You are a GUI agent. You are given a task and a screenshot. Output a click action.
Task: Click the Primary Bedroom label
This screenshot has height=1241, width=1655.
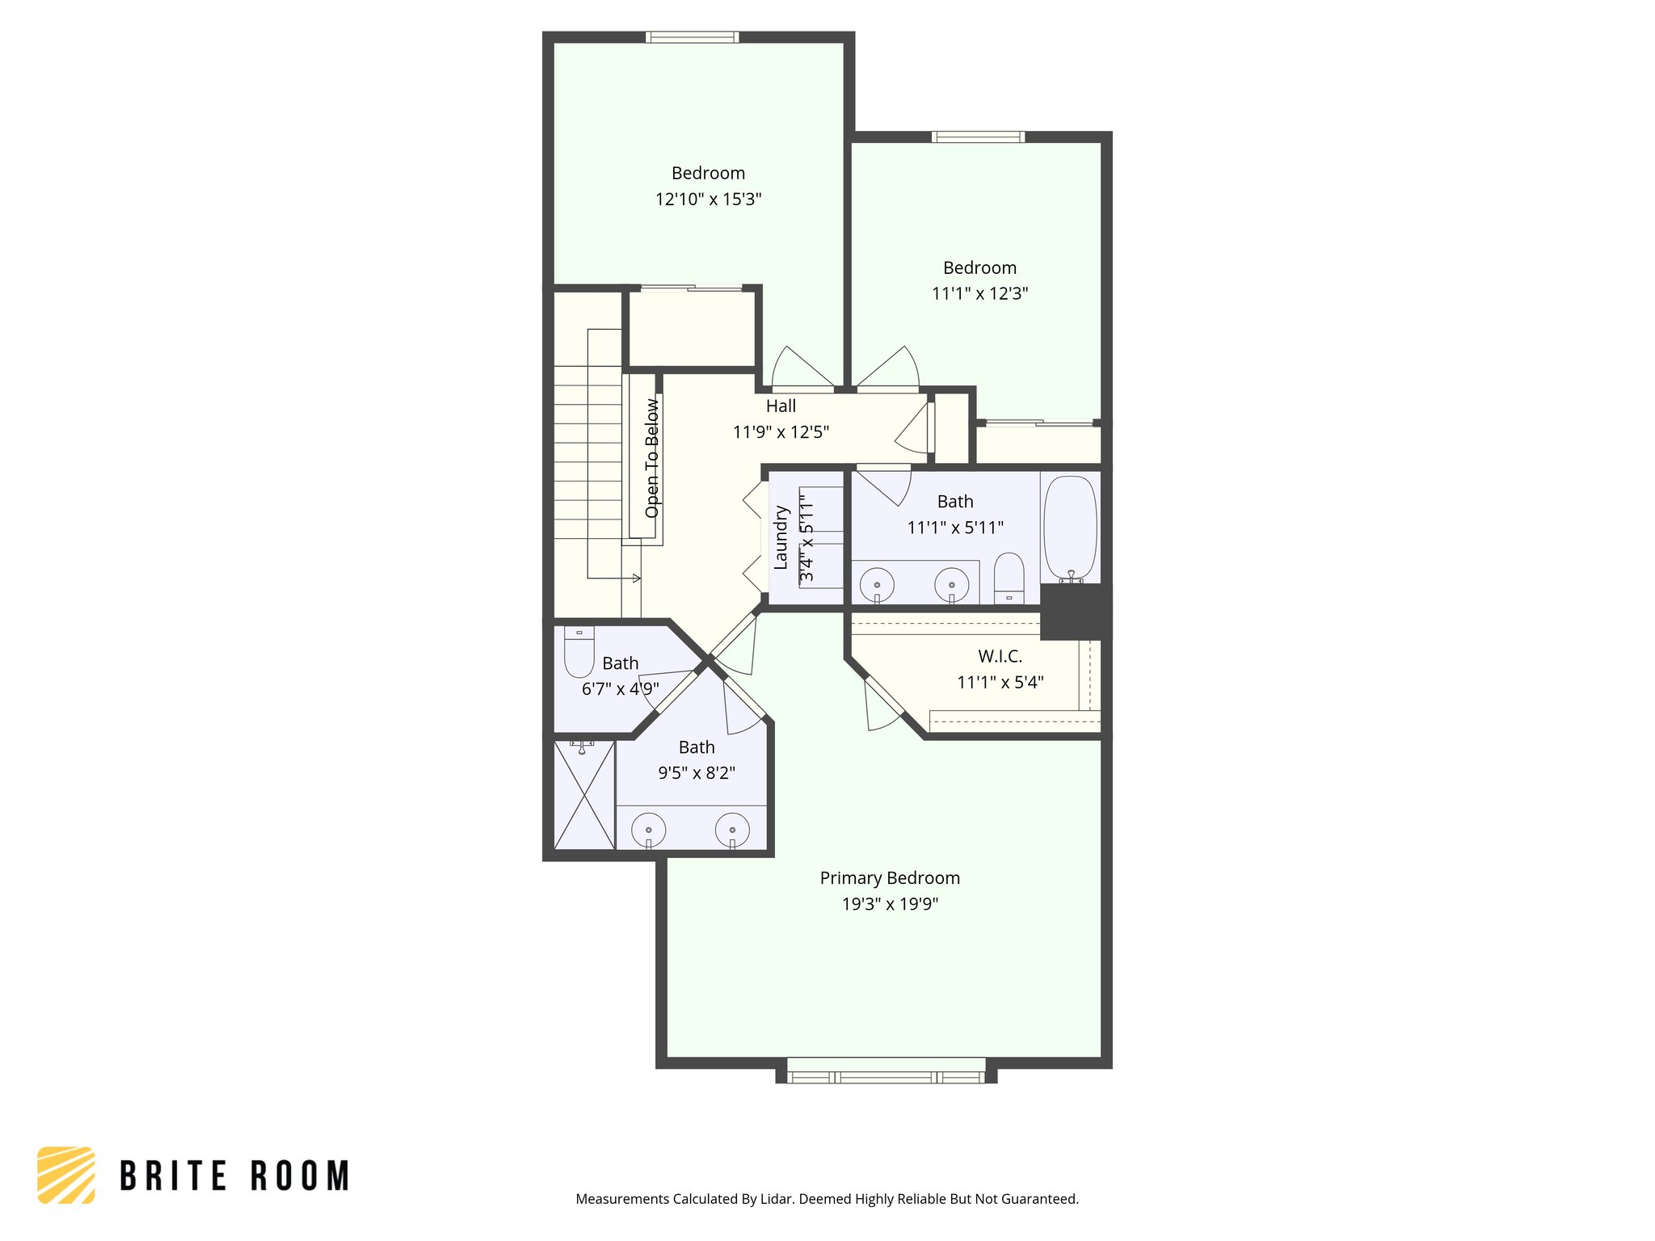(x=890, y=878)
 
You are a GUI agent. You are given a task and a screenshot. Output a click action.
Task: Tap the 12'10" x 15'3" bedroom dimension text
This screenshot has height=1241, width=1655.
(x=708, y=199)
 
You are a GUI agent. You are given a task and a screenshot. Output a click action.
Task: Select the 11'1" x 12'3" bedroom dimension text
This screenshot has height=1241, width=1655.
(x=979, y=293)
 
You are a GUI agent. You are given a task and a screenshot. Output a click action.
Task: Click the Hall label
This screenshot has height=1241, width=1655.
(x=781, y=406)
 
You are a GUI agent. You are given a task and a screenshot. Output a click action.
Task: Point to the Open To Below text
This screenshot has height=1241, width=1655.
(x=652, y=458)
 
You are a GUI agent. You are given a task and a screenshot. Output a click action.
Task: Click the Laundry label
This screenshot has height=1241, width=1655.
(x=781, y=537)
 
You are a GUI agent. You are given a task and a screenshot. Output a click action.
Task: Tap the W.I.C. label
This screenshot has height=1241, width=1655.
(x=1000, y=656)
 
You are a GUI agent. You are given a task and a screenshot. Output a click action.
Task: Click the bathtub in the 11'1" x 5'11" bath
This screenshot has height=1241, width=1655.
(x=1070, y=528)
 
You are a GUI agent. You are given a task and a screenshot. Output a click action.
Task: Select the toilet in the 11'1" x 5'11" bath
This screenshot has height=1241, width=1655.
(x=1009, y=578)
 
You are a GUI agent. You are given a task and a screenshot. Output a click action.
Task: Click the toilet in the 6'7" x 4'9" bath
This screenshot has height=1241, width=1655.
(x=579, y=652)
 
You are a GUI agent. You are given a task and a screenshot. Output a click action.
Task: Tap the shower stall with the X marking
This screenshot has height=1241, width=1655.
(x=584, y=795)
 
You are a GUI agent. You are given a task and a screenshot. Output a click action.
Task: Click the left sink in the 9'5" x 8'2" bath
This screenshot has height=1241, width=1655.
(x=648, y=830)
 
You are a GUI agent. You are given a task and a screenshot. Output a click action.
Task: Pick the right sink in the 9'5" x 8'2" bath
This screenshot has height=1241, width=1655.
(x=732, y=830)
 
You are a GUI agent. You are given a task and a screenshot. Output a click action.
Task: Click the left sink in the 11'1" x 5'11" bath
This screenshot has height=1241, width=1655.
(x=877, y=584)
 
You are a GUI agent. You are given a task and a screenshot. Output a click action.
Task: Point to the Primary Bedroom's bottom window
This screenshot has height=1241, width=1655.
(x=886, y=1076)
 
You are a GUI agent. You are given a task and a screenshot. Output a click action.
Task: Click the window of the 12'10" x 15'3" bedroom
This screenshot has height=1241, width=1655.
(x=692, y=37)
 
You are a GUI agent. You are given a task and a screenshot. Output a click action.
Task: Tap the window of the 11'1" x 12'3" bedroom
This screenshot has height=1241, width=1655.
(x=978, y=137)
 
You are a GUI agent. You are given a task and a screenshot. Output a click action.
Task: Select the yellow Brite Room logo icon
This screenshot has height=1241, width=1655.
(x=66, y=1175)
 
